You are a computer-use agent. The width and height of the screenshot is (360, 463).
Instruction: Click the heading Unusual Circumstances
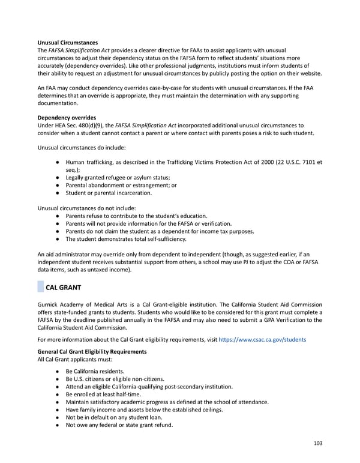click(67, 43)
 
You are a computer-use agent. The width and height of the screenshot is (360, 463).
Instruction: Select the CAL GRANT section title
click(64, 288)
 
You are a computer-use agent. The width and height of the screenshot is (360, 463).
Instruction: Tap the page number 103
click(318, 443)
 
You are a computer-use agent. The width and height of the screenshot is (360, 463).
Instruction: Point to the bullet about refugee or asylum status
click(118, 177)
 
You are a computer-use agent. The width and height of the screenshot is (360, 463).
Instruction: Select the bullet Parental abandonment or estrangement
click(121, 185)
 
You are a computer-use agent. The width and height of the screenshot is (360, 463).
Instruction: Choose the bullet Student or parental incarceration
click(109, 193)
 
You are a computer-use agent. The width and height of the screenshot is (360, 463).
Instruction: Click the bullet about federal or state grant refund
click(119, 425)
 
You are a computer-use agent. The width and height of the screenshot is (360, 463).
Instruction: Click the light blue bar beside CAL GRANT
click(40, 288)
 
